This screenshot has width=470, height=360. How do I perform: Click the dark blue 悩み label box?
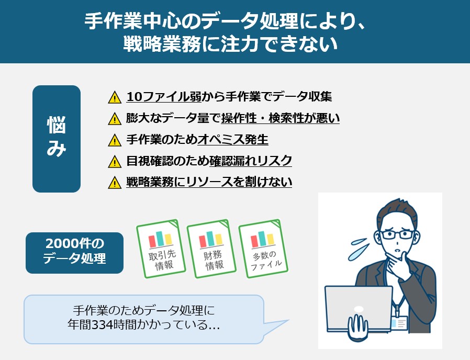pyautogui.click(x=57, y=139)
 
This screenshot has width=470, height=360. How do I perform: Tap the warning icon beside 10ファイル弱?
pyautogui.click(x=114, y=97)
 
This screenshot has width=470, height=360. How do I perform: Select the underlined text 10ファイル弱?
pyautogui.click(x=158, y=97)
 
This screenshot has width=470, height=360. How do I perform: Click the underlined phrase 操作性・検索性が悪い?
pyautogui.click(x=281, y=118)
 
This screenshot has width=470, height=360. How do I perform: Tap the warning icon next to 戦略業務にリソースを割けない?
pyautogui.click(x=114, y=183)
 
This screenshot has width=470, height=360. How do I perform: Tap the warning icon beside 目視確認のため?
pyautogui.click(x=114, y=161)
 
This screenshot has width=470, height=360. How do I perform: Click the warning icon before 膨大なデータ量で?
pyautogui.click(x=114, y=119)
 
